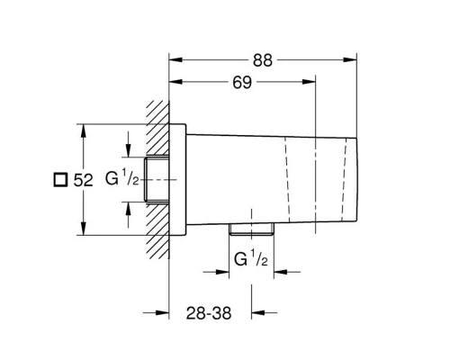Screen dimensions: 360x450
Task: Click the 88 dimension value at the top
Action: tap(262, 60)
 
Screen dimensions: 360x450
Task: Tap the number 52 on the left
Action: tap(83, 180)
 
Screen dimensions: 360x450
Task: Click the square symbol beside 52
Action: tap(60, 180)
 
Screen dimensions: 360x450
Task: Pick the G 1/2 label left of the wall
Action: tap(121, 178)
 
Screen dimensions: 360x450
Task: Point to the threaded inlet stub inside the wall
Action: tap(159, 178)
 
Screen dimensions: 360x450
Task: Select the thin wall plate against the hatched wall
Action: tap(178, 178)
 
